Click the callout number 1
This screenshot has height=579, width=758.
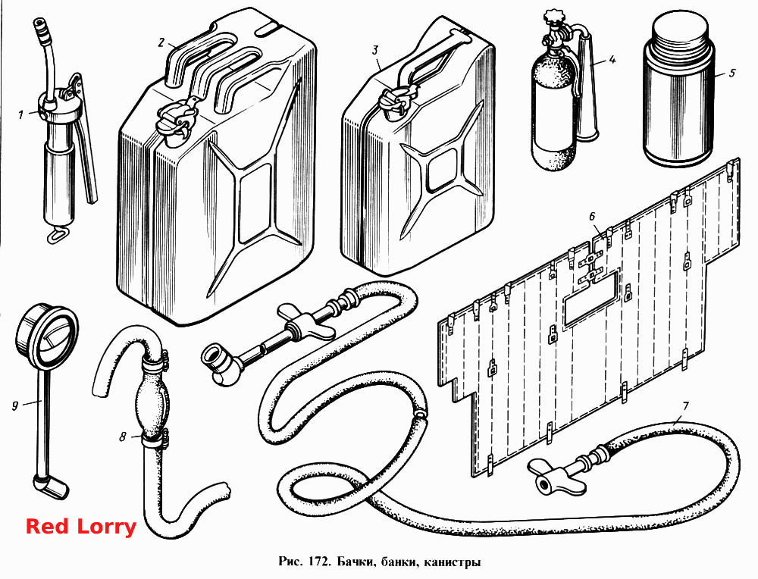20,115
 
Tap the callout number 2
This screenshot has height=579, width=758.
161,42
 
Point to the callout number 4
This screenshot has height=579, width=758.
612,61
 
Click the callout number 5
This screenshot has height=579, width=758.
732,73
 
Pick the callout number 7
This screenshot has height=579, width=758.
685,406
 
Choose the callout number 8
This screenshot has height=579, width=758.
123,437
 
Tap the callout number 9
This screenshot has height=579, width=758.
15,405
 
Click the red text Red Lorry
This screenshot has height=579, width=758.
81,526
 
